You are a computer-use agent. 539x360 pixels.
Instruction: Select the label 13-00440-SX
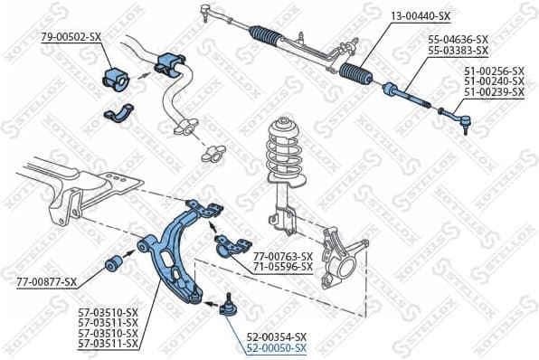point(420,16)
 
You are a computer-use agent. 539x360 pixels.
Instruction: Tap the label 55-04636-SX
point(458,40)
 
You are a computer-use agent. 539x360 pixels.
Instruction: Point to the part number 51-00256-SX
point(494,71)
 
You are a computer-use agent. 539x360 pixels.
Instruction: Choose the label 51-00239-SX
point(494,92)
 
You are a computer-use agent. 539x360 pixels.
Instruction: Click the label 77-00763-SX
point(282,256)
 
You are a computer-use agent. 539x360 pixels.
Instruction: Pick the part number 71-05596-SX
point(282,267)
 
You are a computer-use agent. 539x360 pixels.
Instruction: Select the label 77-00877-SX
point(46,282)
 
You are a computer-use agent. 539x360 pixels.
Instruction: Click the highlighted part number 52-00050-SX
point(277,347)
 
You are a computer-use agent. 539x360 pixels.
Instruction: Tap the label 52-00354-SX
point(277,336)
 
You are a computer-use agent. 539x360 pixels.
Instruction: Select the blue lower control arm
point(176,249)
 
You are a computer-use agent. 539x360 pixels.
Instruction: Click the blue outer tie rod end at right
point(452,115)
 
